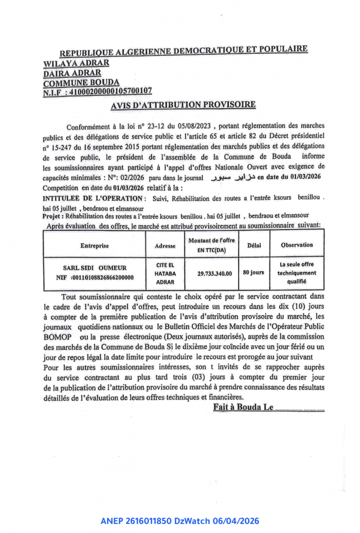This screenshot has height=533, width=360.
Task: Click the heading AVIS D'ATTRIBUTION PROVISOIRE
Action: click(183, 105)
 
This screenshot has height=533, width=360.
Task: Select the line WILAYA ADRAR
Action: click(76, 63)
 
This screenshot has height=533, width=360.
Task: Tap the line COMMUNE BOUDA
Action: click(81, 83)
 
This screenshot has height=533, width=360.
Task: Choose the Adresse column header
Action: click(165, 245)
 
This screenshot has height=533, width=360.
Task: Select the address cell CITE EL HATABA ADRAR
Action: click(165, 273)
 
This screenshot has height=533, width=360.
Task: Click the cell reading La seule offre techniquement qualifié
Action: click(296, 273)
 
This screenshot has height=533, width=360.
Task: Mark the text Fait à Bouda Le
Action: click(243, 407)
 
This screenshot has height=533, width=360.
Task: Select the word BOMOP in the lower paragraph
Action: click(57, 337)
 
